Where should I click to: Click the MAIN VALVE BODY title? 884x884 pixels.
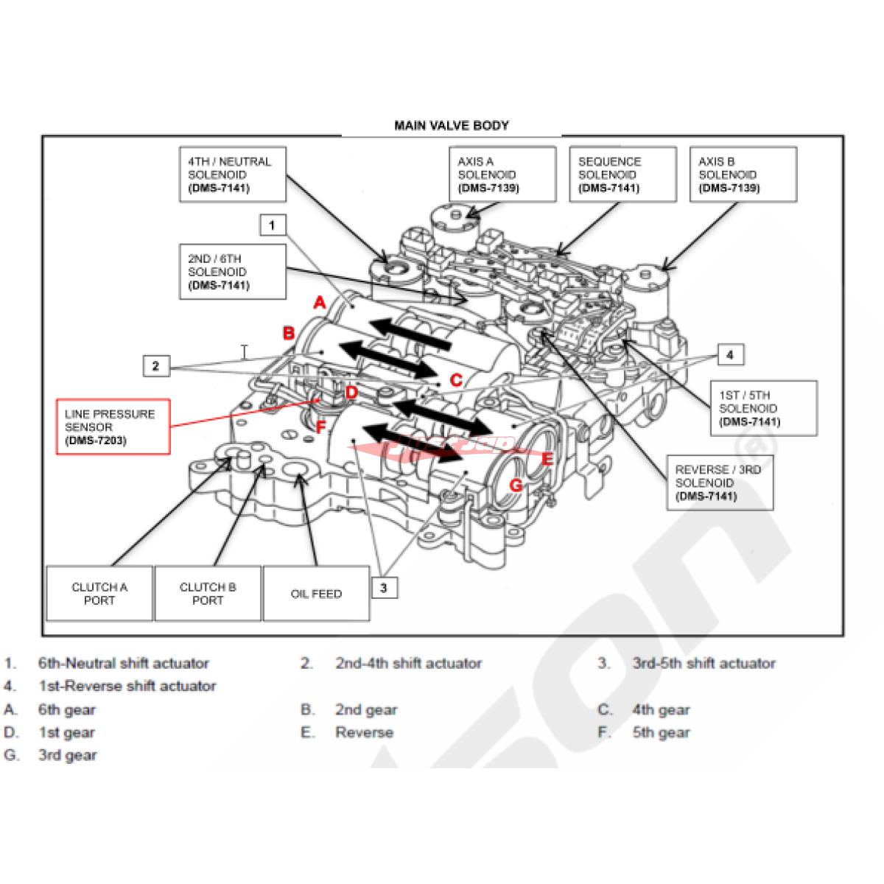point(452,125)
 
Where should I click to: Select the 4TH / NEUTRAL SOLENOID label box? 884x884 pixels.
point(232,175)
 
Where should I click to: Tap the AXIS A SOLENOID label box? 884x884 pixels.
point(502,175)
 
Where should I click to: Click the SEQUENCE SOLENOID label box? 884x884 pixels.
point(622,175)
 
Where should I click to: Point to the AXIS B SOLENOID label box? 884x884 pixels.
point(743,175)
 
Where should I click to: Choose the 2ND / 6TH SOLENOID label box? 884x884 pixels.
point(232,272)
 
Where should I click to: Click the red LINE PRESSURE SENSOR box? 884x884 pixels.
point(113,427)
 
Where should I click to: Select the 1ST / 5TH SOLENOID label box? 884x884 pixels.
point(763,408)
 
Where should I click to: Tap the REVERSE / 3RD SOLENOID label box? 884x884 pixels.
point(719,483)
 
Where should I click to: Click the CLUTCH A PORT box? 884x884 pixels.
point(99,594)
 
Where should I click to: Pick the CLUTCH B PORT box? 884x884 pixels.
point(208,594)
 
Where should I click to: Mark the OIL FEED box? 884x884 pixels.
point(316,594)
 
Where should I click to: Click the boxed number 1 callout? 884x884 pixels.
point(273,225)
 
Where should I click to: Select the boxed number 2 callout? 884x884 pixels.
point(155,365)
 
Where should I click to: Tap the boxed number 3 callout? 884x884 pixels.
point(383,588)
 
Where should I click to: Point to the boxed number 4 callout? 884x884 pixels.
point(729,354)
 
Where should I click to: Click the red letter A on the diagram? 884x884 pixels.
point(319,302)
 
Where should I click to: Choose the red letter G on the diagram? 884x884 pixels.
point(516,485)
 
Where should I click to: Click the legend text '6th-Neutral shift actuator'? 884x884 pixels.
point(124,663)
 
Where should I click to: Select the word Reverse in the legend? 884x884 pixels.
point(364,732)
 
